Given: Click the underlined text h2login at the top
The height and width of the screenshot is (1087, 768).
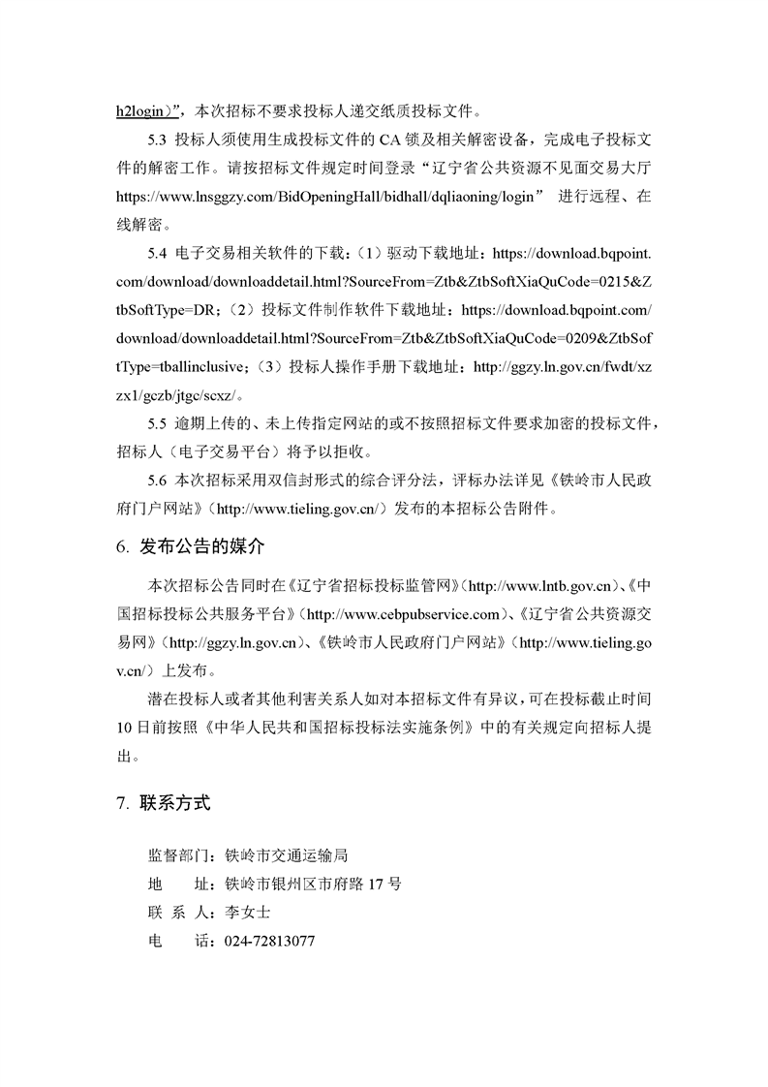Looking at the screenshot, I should [x=141, y=109].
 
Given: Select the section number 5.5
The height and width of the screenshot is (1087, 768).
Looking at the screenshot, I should [x=158, y=424].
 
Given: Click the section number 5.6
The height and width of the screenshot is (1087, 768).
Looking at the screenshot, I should [x=158, y=481].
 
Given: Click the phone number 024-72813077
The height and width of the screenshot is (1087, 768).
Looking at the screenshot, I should [x=269, y=941].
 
